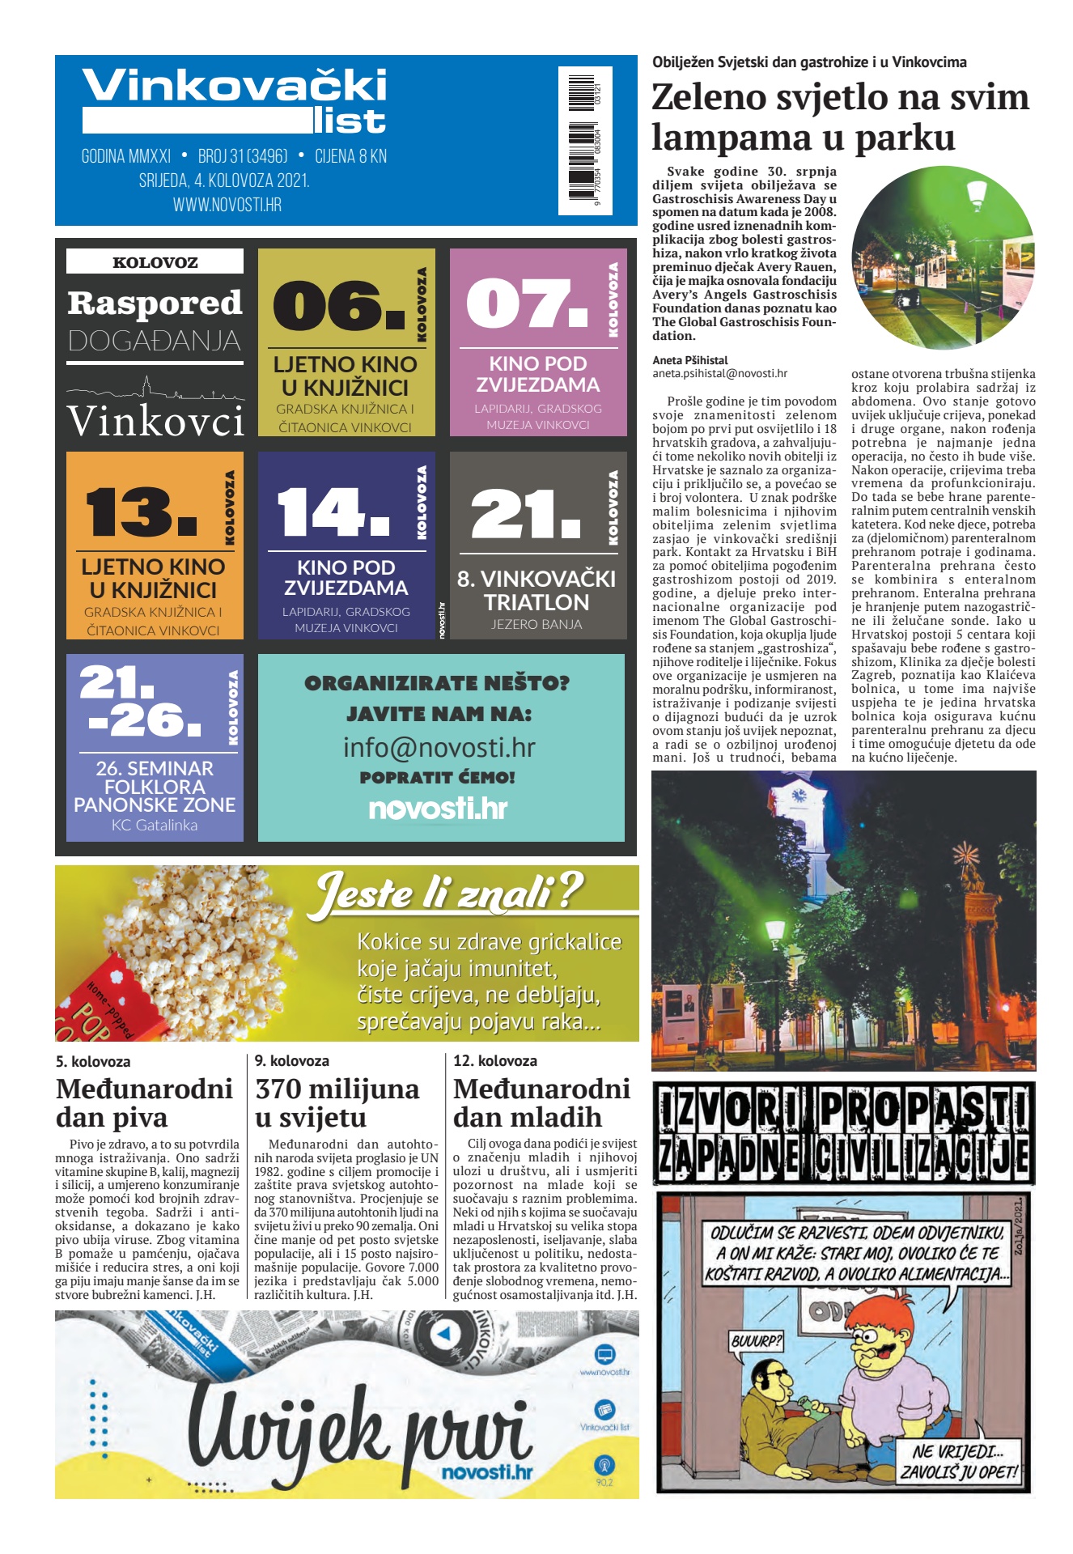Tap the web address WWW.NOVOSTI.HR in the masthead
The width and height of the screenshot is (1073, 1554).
(227, 205)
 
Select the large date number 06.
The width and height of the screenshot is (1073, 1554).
(338, 305)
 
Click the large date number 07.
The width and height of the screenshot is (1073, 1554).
(527, 304)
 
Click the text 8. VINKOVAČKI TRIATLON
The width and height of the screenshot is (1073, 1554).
(536, 590)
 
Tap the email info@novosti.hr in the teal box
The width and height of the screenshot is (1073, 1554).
(439, 747)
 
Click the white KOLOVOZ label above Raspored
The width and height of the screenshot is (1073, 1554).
(155, 261)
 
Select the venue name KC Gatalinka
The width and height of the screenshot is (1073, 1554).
(155, 826)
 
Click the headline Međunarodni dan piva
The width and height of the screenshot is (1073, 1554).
(144, 1102)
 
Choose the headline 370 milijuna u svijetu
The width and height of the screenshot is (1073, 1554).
(337, 1102)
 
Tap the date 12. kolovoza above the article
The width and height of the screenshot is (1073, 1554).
(495, 1060)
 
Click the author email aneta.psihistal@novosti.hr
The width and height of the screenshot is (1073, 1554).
(719, 374)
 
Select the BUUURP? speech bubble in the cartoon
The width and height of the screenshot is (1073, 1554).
(756, 1341)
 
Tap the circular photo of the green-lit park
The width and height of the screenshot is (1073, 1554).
(943, 257)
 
